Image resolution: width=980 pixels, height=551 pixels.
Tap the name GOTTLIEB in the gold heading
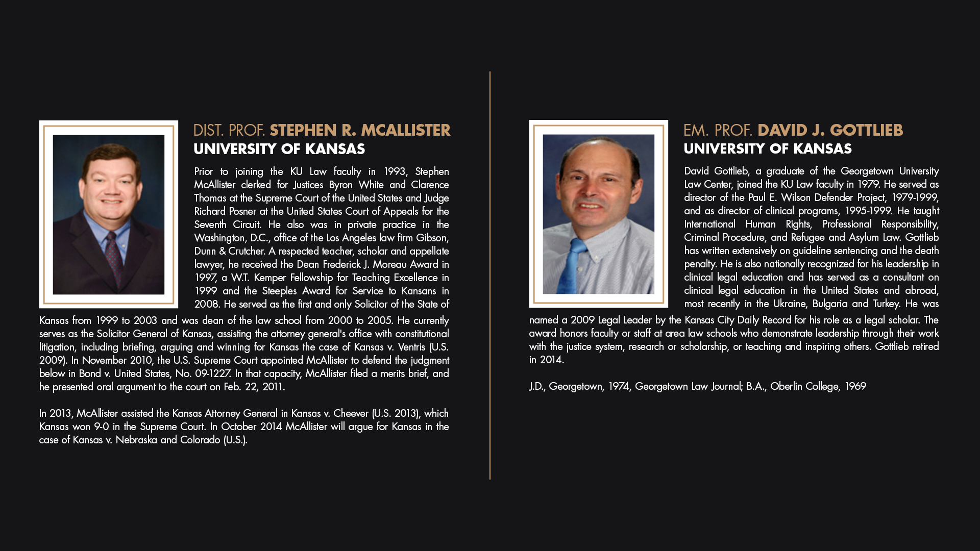point(866,131)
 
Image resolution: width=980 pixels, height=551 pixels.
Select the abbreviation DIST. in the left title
point(208,131)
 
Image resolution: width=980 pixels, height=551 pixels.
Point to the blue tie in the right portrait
point(575,265)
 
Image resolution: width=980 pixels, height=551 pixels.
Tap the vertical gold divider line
point(490,275)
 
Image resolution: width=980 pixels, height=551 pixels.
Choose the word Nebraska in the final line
point(136,440)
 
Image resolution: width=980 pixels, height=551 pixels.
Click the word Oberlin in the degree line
point(787,386)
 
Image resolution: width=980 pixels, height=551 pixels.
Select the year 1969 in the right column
point(855,386)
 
